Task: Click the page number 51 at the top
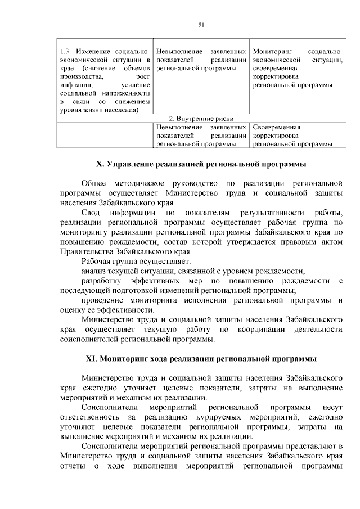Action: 201,24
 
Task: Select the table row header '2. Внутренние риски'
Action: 201,119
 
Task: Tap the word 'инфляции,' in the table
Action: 75,84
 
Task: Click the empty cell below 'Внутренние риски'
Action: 106,136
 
